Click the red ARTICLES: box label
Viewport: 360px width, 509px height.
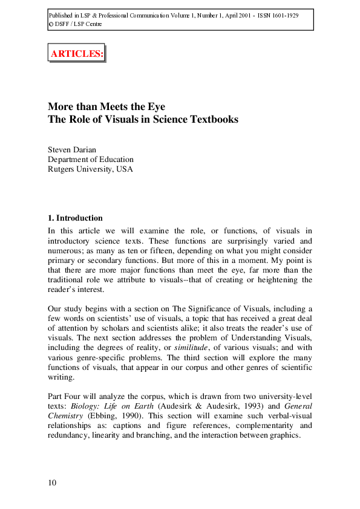[76, 53]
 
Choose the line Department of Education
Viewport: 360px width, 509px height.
[91, 159]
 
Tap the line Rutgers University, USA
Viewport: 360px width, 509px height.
[90, 169]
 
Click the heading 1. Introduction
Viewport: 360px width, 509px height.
[75, 218]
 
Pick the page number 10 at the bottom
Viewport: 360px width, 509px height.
[53, 482]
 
